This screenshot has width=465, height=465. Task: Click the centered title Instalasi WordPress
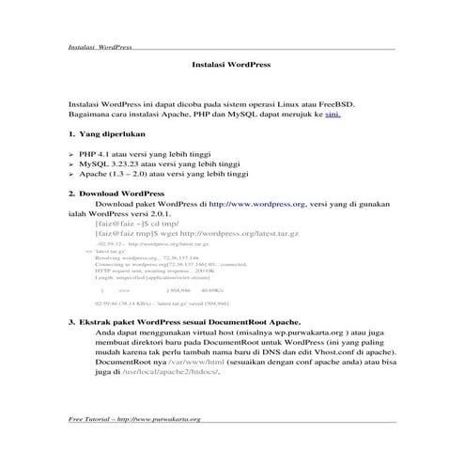coord(231,67)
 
